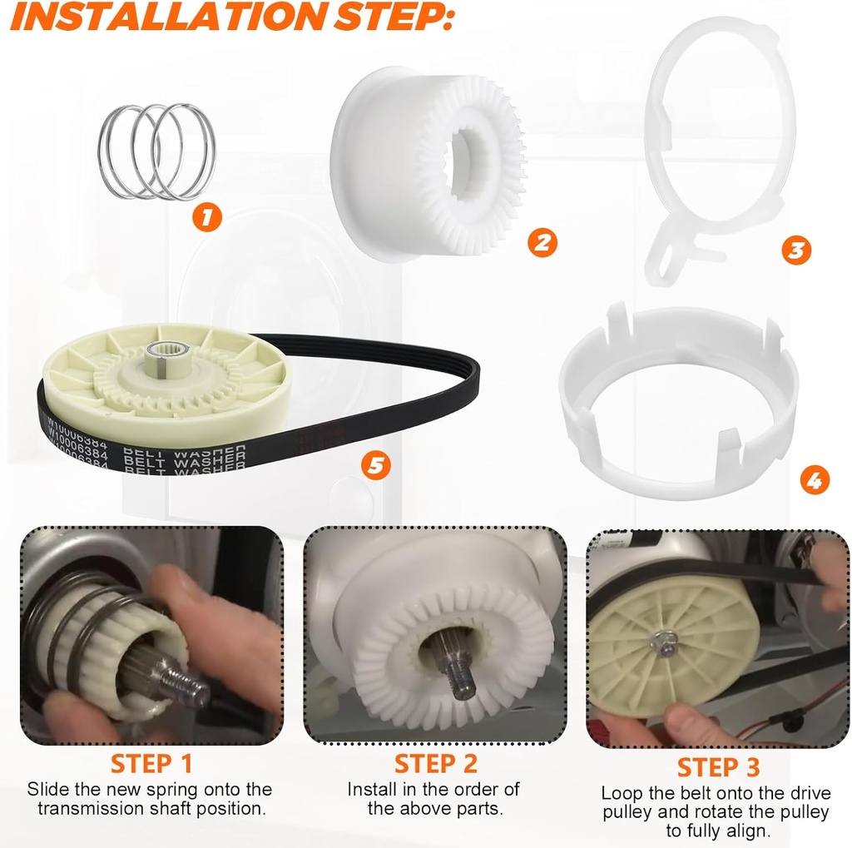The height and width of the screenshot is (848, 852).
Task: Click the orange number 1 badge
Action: tap(207, 218)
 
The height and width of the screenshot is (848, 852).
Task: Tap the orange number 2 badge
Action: tap(542, 242)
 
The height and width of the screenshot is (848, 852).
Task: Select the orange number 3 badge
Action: tap(796, 250)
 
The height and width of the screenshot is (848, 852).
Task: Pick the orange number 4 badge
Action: tap(815, 479)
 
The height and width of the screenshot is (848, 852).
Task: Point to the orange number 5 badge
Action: tap(376, 465)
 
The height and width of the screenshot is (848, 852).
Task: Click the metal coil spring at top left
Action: tap(156, 151)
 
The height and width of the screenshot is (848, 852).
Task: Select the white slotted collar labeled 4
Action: tap(678, 399)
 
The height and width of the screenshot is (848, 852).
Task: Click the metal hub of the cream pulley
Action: tap(158, 355)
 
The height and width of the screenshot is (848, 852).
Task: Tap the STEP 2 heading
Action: tap(435, 763)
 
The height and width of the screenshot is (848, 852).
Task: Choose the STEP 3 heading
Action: tap(718, 766)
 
